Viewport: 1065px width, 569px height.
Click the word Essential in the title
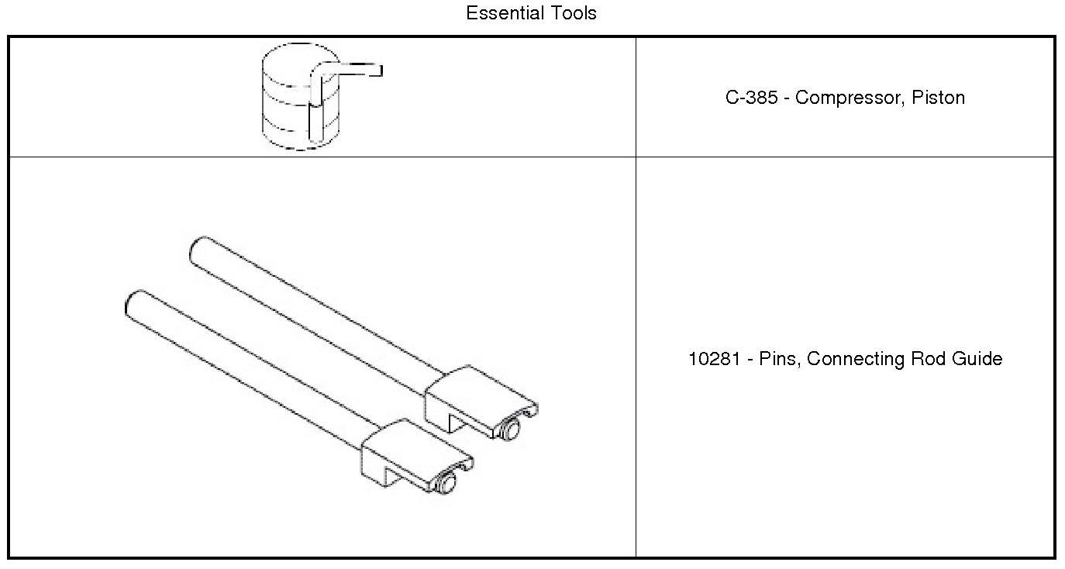pos(505,13)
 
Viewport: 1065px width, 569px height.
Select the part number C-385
pos(751,98)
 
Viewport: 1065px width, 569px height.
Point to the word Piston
pos(938,98)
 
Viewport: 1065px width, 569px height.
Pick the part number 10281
pos(714,358)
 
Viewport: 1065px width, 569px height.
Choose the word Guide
pos(977,358)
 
